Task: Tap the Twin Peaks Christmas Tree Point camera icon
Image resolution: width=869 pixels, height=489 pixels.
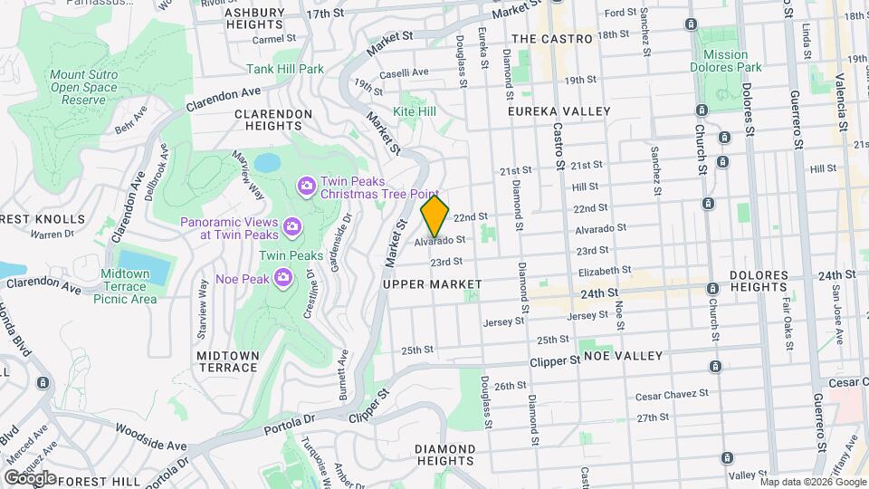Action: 307,186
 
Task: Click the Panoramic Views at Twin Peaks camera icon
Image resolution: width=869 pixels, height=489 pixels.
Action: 291,225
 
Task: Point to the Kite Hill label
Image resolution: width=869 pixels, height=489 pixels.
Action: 415,111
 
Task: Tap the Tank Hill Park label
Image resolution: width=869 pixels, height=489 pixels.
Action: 285,69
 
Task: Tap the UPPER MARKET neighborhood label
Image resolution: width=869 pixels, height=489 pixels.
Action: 432,284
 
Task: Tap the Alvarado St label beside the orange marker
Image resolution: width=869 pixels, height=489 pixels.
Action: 441,241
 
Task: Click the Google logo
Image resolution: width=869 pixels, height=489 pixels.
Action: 30,478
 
